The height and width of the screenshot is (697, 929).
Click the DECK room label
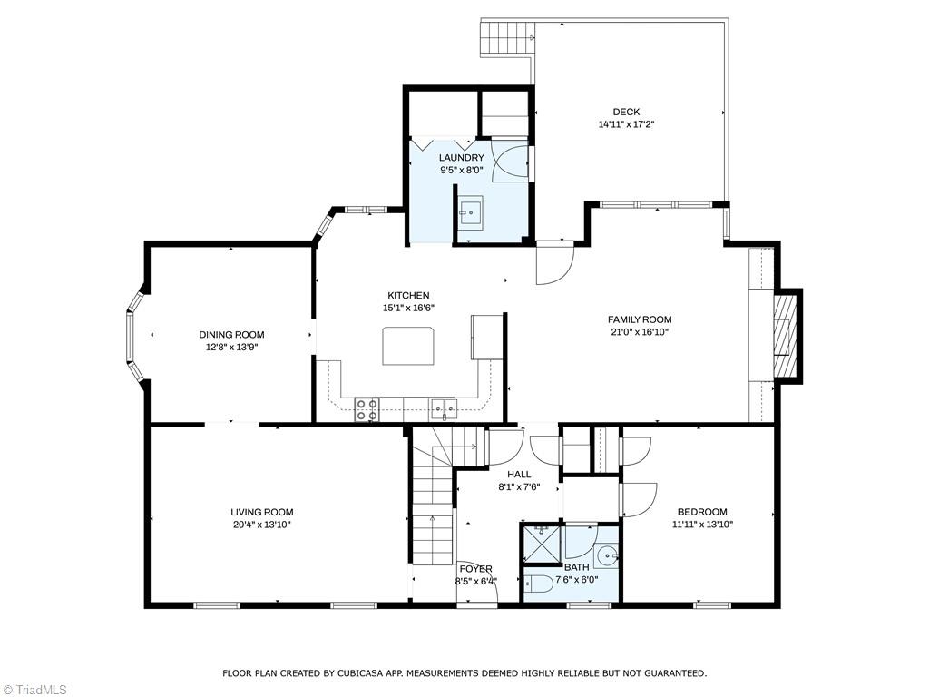[x=626, y=113]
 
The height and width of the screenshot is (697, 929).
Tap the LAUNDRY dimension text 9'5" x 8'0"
[x=462, y=170]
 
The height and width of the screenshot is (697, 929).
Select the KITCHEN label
[x=408, y=296]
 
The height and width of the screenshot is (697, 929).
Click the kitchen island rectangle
[x=408, y=346]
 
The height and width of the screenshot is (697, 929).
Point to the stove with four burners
[x=367, y=410]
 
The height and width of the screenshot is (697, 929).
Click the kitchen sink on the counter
[x=444, y=409]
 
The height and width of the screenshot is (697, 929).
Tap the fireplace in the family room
[x=786, y=335]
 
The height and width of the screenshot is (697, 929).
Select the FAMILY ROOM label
[x=640, y=319]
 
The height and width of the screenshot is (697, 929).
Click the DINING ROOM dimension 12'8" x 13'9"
[x=232, y=347]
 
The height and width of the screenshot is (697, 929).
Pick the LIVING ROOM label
[x=261, y=512]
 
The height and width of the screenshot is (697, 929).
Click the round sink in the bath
[x=607, y=556]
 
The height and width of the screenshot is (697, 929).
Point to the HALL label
[x=519, y=475]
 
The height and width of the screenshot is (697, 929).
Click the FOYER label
[x=475, y=569]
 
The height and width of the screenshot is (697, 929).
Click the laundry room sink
[x=470, y=214]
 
